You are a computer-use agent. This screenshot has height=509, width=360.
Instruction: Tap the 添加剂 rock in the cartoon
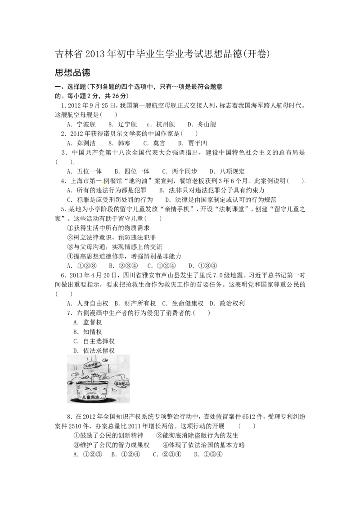click(122, 384)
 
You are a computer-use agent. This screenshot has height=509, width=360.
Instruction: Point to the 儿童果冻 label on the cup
click(91, 397)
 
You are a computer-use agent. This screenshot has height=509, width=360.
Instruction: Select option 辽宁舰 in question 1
click(127, 125)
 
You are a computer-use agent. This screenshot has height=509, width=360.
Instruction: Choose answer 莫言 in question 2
click(159, 143)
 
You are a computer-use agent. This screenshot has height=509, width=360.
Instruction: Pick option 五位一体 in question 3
click(90, 171)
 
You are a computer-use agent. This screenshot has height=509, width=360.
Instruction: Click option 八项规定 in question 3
click(232, 171)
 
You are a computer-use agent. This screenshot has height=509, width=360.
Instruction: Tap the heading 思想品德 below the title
click(73, 72)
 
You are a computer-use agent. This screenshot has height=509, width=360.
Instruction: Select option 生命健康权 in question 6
click(188, 304)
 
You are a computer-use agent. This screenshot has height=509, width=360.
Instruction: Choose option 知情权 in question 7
click(93, 332)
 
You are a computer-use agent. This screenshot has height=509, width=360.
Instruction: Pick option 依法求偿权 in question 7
click(99, 351)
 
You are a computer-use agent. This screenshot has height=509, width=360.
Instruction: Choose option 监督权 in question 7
click(93, 322)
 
